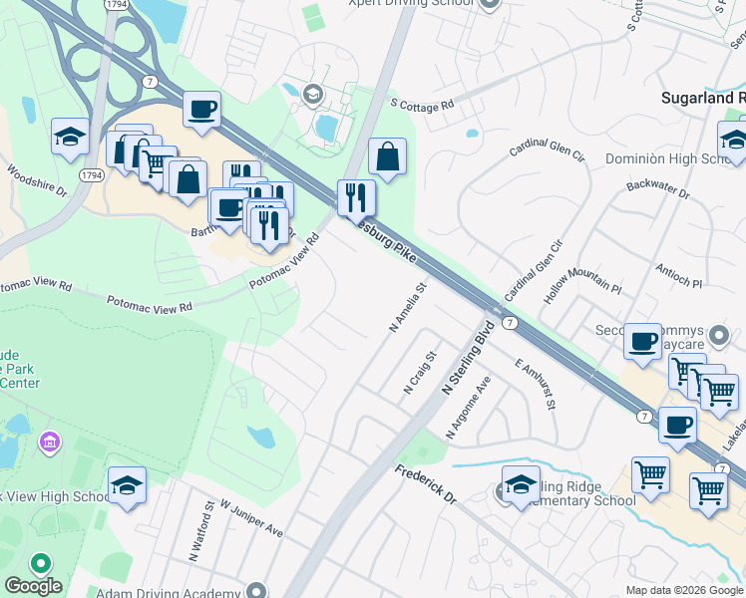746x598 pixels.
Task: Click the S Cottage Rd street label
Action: pyautogui.click(x=422, y=103)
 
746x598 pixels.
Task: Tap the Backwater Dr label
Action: pyautogui.click(x=657, y=189)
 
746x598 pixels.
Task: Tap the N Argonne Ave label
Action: pyautogui.click(x=470, y=408)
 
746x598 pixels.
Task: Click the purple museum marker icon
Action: pyautogui.click(x=47, y=441)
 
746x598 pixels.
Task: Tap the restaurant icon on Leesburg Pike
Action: pyautogui.click(x=355, y=198)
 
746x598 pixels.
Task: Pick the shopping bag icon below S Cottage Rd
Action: pyautogui.click(x=387, y=157)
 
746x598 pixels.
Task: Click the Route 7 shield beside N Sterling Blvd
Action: pyautogui.click(x=509, y=323)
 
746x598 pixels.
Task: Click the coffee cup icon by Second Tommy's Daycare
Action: pyautogui.click(x=642, y=342)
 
